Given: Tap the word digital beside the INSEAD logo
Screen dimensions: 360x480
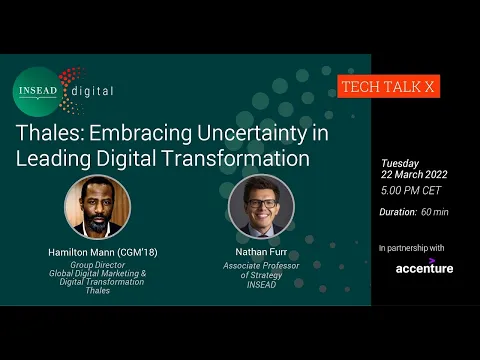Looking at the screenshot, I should [x=92, y=91].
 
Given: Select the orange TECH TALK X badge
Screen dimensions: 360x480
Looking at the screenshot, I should [x=387, y=87].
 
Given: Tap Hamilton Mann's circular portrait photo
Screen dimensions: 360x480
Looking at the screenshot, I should [x=97, y=206].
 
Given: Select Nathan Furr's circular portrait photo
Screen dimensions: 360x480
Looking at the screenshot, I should [x=261, y=206].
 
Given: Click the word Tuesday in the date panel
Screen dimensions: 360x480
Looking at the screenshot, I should [x=399, y=162].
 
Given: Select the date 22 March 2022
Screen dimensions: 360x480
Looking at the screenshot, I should [x=414, y=174].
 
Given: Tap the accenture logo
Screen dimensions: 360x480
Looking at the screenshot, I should [x=424, y=268].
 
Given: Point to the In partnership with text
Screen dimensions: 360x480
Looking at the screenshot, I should [x=412, y=246].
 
